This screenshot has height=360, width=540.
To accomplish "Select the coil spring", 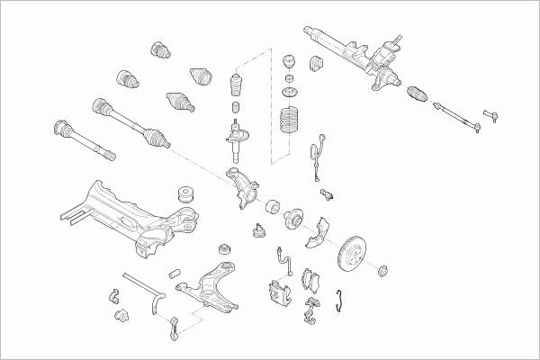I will [291, 121].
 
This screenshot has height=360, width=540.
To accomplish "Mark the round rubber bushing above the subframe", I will [188, 193].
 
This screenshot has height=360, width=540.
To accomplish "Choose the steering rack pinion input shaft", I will [394, 40].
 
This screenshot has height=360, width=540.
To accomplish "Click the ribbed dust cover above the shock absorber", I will [237, 90].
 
